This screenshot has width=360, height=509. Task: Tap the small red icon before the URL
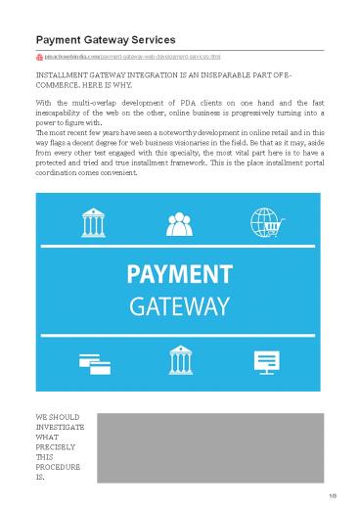(38, 59)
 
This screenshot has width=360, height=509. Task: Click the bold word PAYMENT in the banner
(180, 273)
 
